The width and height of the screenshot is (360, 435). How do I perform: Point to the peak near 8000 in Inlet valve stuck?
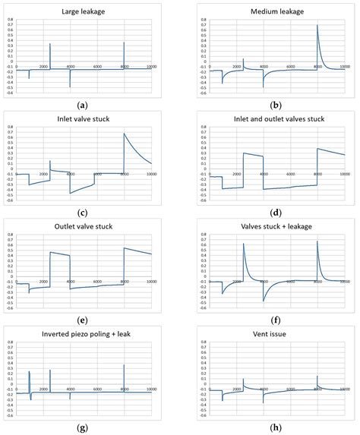click(125, 134)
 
